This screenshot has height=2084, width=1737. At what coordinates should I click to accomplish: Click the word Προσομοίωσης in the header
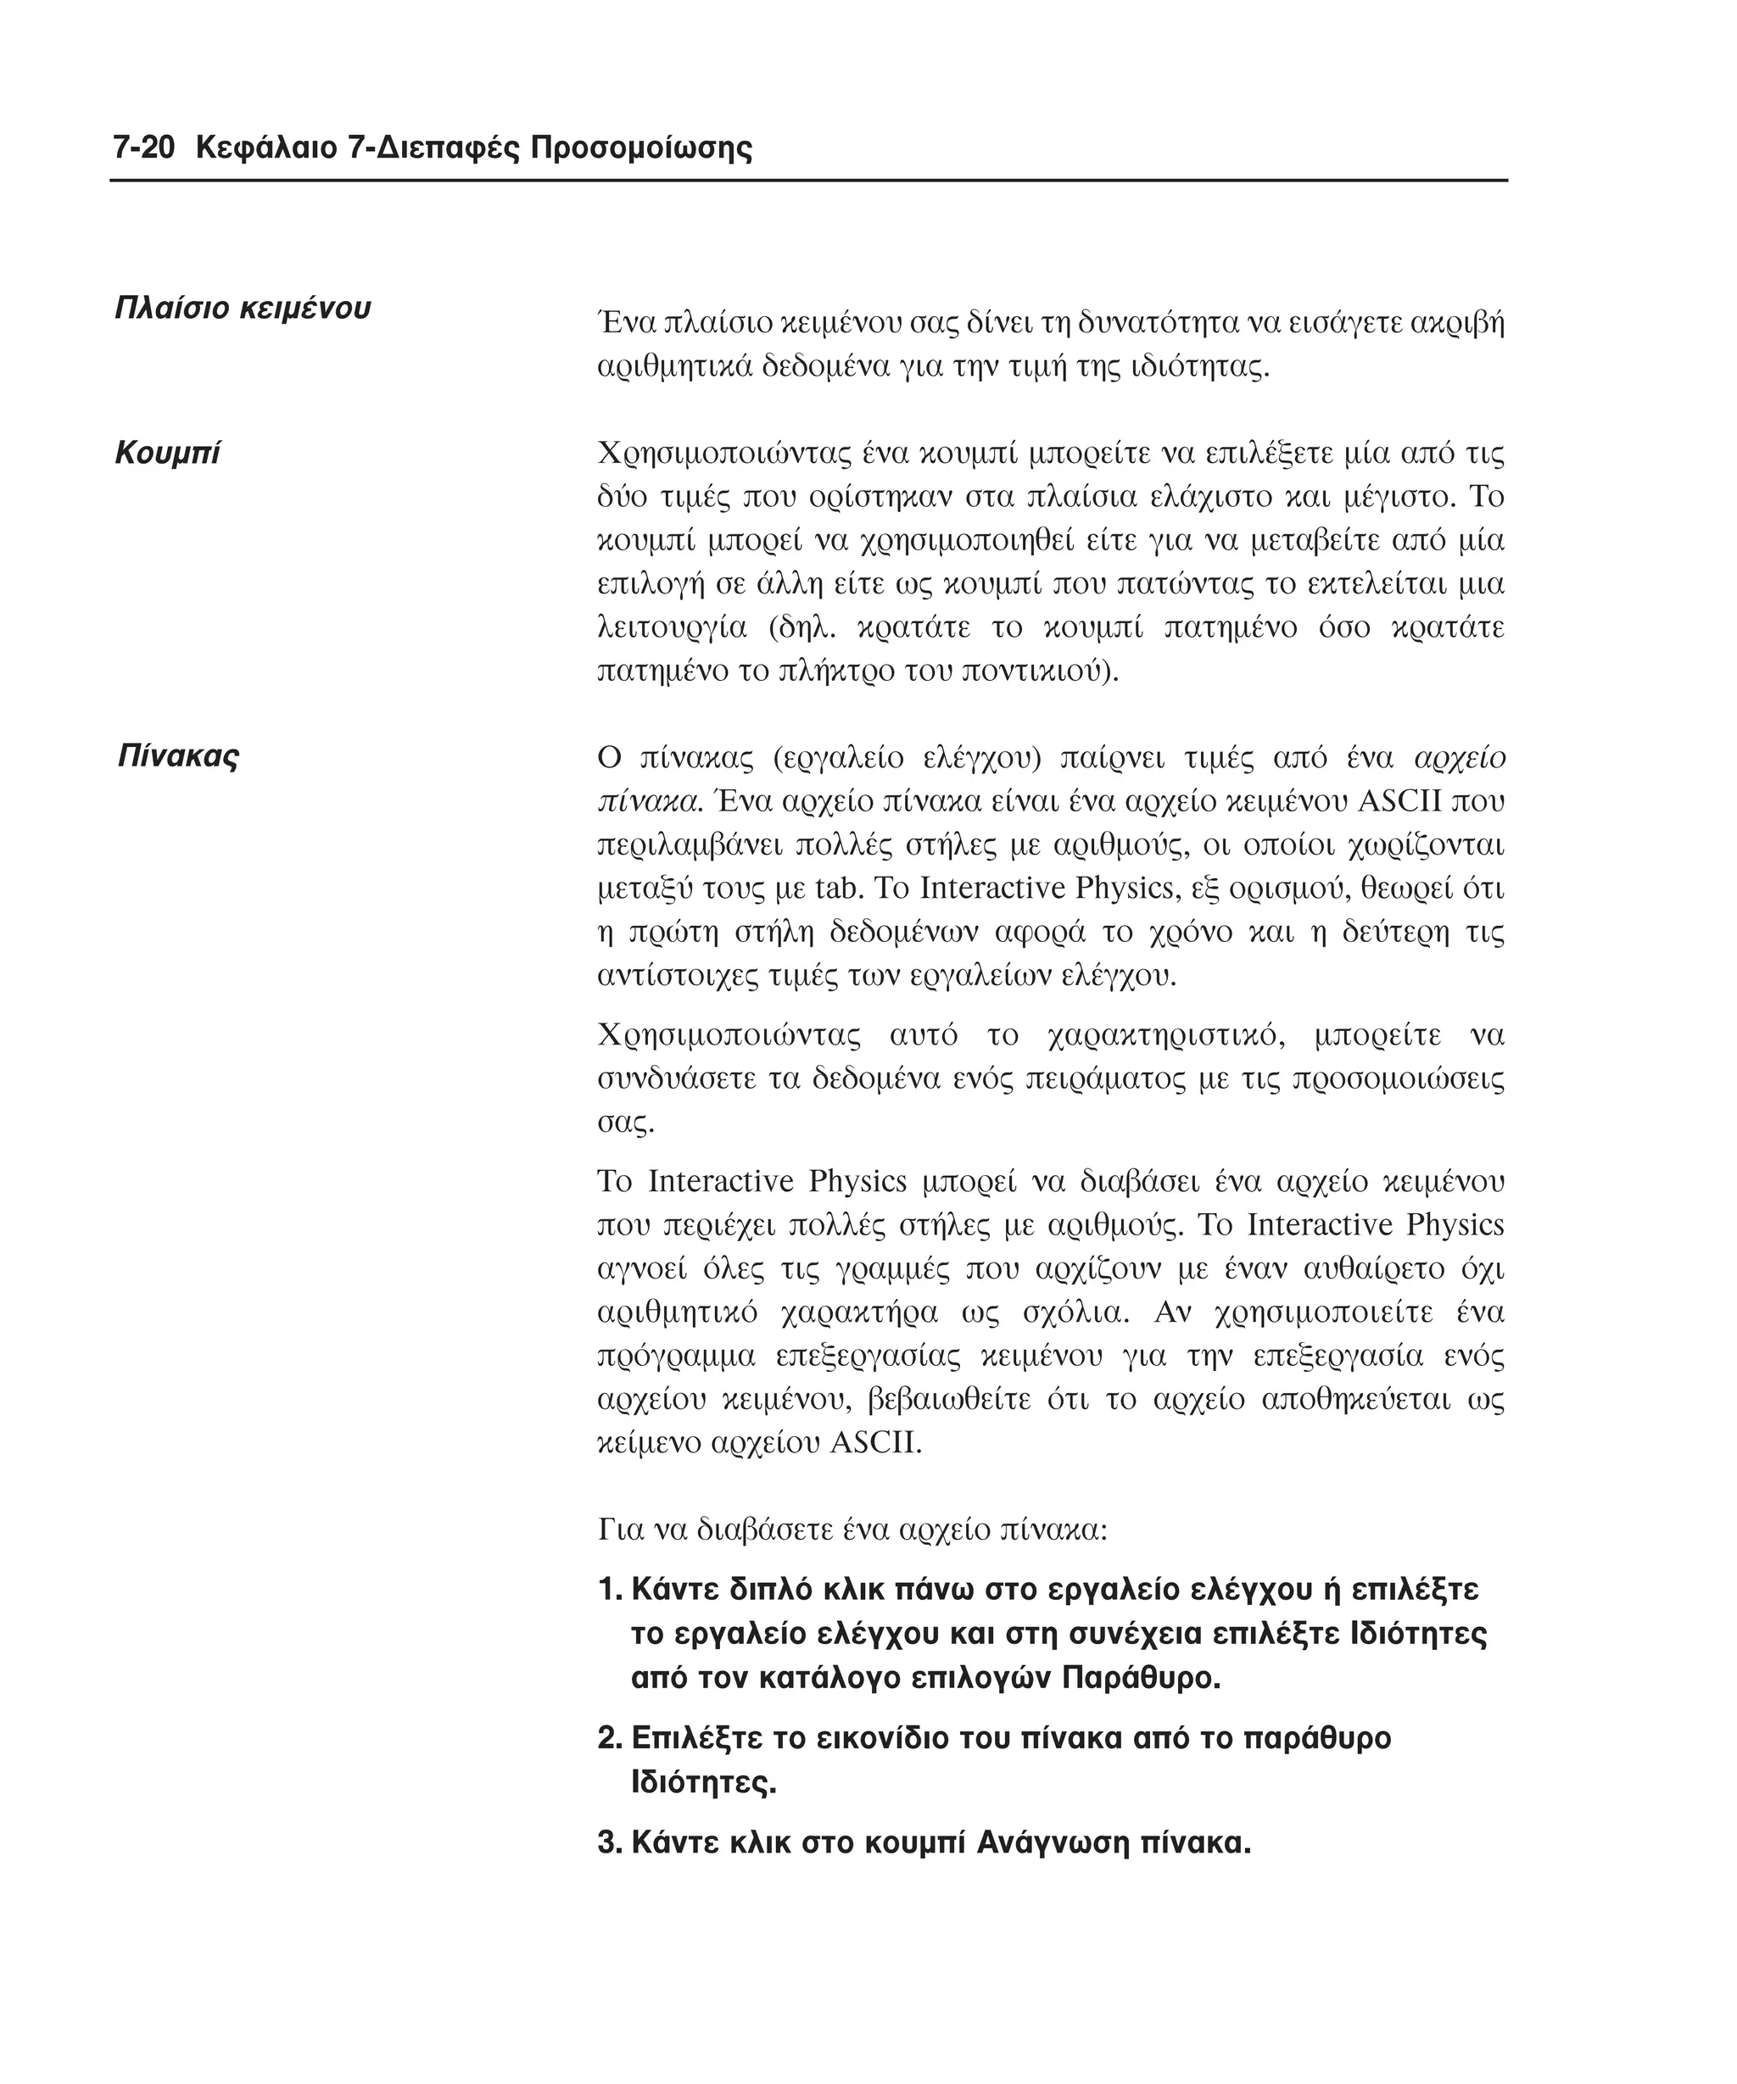[641, 149]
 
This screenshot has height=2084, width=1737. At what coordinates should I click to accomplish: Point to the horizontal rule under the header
[808, 181]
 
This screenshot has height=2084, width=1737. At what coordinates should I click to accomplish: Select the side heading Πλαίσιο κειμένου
[243, 308]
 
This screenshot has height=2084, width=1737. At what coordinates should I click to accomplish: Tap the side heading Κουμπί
[167, 453]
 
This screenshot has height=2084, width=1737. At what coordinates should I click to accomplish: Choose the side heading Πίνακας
[179, 756]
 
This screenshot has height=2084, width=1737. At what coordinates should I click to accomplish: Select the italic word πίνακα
[648, 801]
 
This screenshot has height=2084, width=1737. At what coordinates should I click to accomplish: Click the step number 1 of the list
[607, 1590]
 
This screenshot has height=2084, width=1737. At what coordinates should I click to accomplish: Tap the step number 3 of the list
[607, 1843]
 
